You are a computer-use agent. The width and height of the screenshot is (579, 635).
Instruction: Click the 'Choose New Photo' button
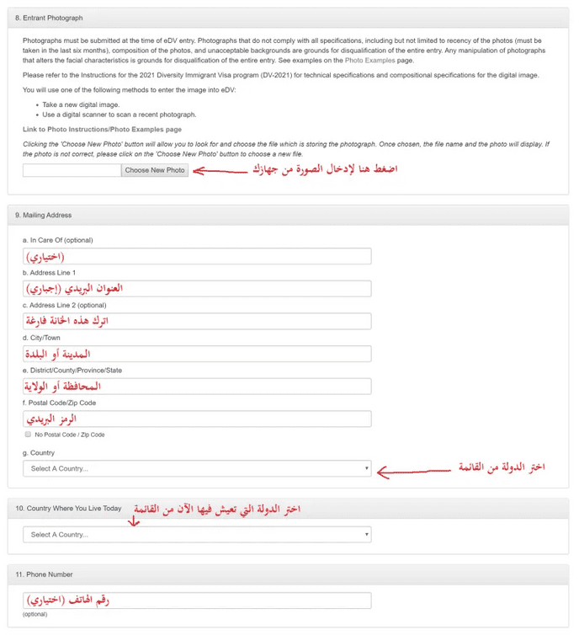tap(155, 170)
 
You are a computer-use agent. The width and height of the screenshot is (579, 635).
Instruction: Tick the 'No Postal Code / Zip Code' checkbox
tap(28, 435)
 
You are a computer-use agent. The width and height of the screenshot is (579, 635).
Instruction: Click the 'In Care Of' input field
tap(197, 257)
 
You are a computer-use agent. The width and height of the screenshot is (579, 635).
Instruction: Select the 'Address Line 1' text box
tap(197, 289)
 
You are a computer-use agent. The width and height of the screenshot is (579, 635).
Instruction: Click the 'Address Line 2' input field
tap(197, 322)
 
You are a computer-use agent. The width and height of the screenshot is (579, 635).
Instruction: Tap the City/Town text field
tap(197, 354)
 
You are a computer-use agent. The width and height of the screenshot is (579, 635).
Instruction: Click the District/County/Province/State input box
tap(197, 387)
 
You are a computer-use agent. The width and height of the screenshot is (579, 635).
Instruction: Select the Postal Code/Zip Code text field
tap(197, 419)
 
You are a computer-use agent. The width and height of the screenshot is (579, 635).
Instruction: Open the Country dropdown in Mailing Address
tap(197, 468)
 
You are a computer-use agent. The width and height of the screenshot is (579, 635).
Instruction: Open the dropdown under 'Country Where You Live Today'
tap(197, 535)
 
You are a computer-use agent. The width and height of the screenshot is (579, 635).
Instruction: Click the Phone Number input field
tap(197, 600)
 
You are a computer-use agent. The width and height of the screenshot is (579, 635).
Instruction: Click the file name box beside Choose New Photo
tap(72, 170)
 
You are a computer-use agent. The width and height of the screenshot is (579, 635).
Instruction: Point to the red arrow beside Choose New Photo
tap(222, 170)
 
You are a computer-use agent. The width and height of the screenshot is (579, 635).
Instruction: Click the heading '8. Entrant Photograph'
tap(49, 18)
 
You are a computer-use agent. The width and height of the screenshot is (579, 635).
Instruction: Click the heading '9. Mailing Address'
tap(44, 216)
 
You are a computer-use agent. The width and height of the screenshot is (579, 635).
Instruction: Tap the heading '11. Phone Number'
tap(44, 574)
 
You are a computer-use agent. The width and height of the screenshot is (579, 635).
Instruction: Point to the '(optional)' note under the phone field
tap(35, 615)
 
